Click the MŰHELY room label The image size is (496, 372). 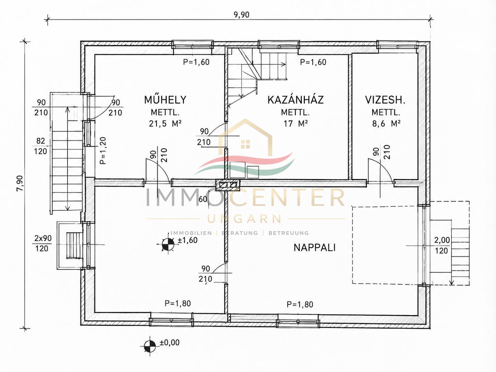pos(165,100)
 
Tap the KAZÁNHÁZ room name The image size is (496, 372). pos(296,100)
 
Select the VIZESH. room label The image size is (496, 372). pos(385,100)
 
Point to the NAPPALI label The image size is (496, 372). pos(314,248)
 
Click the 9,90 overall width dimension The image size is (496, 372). pos(241,15)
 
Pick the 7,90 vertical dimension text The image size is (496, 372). pos(20,183)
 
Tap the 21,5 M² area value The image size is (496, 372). pos(165,124)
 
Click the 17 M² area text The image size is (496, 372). pos(296,124)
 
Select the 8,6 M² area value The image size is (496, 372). pos(386,124)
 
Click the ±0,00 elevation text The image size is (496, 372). pos(170,343)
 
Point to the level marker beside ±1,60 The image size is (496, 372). pos(168,244)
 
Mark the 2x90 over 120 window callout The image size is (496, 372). pos(43,243)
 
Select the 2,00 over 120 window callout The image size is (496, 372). pos(442,245)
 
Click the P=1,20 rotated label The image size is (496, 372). pos(102,151)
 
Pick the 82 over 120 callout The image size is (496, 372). pos(41,146)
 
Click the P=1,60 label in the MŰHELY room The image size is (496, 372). pos(196,62)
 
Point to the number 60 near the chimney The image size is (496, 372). pos(203,199)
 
